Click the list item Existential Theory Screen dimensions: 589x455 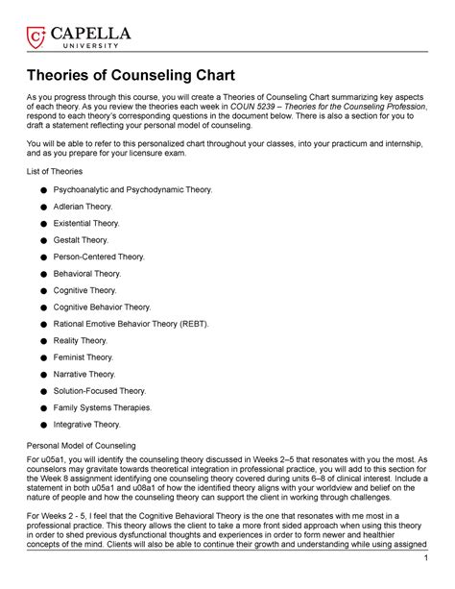[92, 223]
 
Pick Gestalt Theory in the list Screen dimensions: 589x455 [87, 239]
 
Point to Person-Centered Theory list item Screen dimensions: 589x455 [105, 257]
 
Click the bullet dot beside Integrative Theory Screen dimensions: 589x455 [46, 424]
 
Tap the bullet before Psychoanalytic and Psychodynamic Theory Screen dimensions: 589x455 [46, 190]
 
